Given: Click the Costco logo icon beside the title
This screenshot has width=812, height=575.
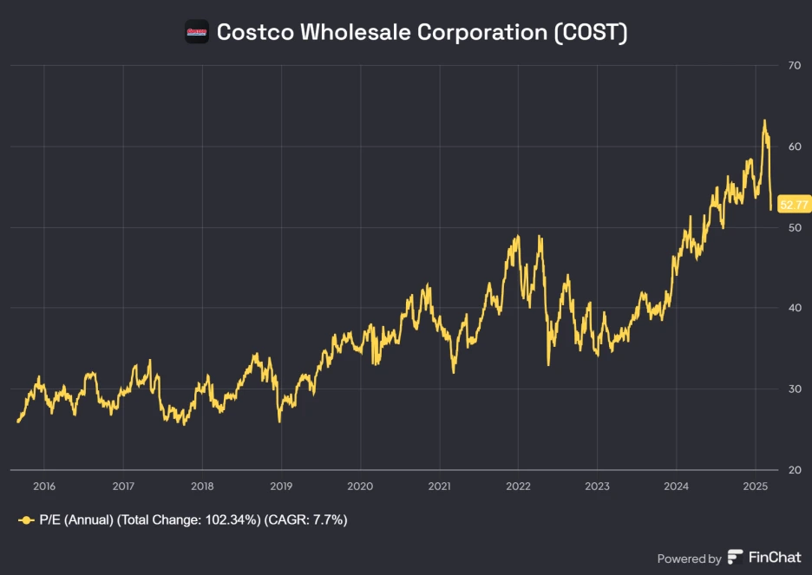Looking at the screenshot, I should (197, 32).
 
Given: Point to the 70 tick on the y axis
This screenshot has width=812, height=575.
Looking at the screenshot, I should (794, 66).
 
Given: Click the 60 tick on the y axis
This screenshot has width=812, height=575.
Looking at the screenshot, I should (794, 147).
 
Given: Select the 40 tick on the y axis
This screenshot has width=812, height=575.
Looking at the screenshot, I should (794, 308).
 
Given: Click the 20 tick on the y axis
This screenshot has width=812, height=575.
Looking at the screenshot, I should (794, 469).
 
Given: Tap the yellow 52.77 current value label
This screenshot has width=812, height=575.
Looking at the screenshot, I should (793, 205).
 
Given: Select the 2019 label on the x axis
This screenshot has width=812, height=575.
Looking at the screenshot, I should (281, 486).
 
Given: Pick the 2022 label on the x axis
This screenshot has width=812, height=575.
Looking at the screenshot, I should (518, 486).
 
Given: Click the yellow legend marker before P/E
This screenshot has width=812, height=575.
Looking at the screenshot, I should (26, 519).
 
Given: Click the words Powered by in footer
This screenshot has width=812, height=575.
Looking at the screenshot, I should (689, 559).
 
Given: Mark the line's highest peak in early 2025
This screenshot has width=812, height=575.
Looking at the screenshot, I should (764, 121).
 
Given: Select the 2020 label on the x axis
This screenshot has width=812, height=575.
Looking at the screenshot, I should (360, 486).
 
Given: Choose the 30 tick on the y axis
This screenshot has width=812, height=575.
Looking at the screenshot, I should (794, 389).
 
